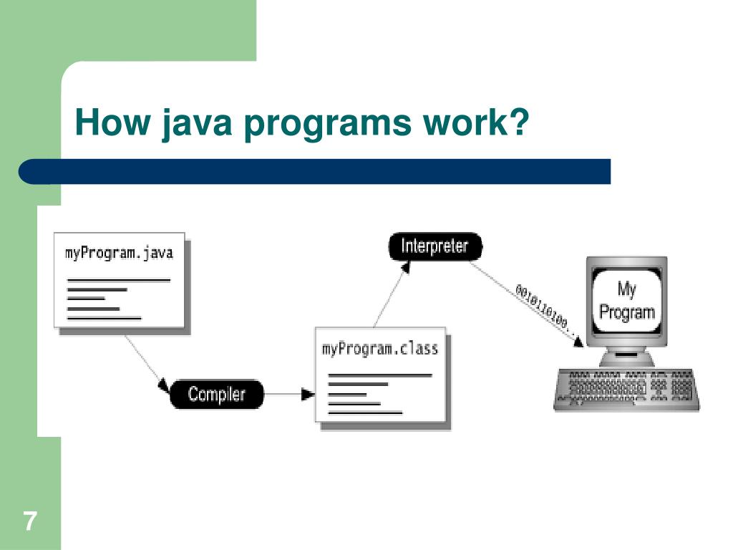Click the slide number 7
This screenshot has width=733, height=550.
[x=29, y=521]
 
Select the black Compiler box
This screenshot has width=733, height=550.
[x=217, y=394]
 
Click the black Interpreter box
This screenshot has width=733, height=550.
[x=435, y=247]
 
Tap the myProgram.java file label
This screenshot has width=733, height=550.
[x=119, y=253]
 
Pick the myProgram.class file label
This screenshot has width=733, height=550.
[x=379, y=349]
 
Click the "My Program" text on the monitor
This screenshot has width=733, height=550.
[x=626, y=301]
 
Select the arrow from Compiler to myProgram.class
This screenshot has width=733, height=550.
[x=290, y=394]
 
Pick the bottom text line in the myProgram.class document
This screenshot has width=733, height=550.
[x=365, y=413]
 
